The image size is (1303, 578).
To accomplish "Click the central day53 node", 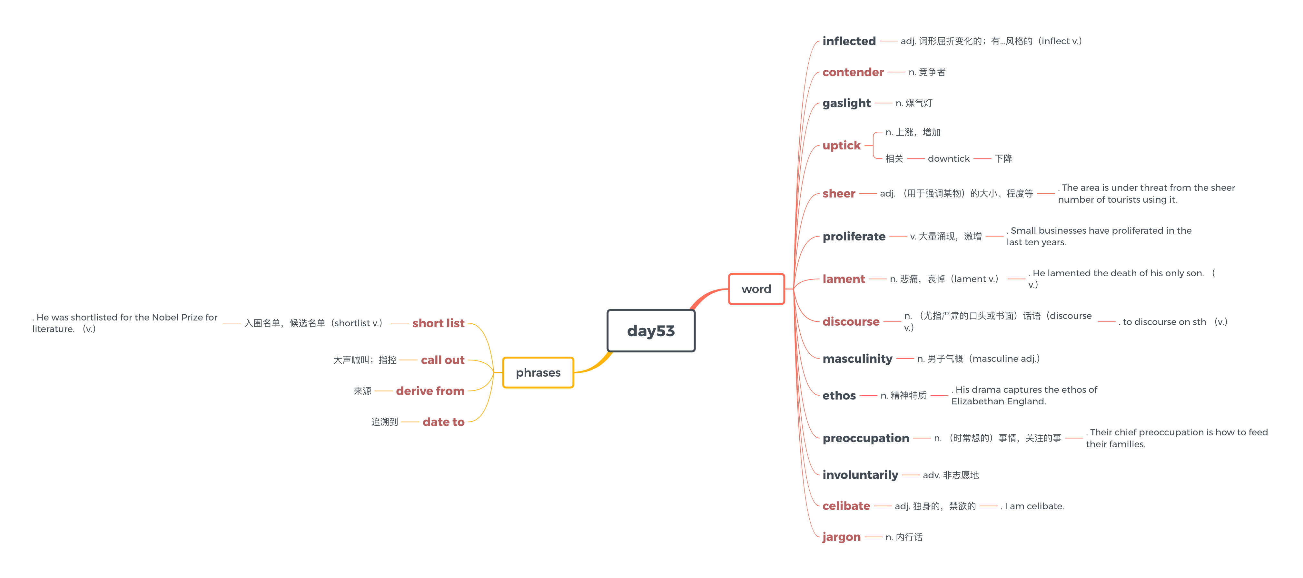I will (x=651, y=330).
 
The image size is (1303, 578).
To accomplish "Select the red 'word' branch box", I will (x=756, y=289).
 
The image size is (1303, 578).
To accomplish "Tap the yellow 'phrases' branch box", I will (x=538, y=372).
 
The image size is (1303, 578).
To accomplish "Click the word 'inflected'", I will (x=849, y=41).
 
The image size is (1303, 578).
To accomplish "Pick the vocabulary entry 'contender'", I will (x=853, y=72).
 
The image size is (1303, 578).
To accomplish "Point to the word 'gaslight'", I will (x=846, y=103).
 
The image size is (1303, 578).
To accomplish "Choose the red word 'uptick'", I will (x=841, y=146).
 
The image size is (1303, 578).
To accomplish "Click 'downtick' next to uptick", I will (x=948, y=158).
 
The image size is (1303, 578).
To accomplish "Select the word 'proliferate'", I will (x=854, y=236).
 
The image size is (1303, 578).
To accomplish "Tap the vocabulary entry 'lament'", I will (x=844, y=279).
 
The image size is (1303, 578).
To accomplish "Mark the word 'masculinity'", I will (x=857, y=359).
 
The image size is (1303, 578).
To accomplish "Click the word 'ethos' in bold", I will (x=839, y=395).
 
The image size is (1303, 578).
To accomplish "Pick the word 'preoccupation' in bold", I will (x=865, y=438).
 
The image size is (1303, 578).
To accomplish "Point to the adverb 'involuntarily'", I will (x=860, y=475).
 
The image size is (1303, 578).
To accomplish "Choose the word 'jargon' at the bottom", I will (x=841, y=537).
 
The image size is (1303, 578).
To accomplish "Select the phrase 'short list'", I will (x=438, y=323).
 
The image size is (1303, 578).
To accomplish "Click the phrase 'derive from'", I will (x=430, y=391).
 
